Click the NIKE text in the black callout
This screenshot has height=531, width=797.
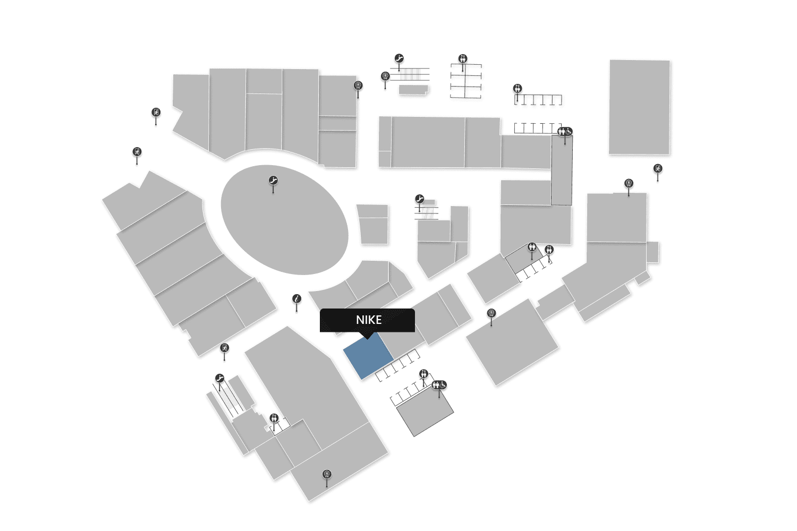pos(369,320)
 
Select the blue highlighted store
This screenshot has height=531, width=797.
pos(368,355)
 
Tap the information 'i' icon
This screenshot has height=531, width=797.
pos(296,299)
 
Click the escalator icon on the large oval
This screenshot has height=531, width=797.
pos(273,181)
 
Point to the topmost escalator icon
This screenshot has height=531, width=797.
pos(399,58)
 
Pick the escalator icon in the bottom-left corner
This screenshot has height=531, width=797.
pos(220,379)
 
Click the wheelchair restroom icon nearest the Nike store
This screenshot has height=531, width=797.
pos(443,385)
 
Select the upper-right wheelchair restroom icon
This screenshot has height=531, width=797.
pos(568,131)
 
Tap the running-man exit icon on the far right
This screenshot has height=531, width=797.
pos(658,169)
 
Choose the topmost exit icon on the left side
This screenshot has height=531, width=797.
pos(156,113)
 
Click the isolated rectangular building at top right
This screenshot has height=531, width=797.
pos(639,107)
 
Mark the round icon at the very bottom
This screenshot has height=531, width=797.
pos(327,474)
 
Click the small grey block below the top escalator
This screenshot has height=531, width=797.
pos(413,90)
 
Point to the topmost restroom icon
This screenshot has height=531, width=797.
pos(462,58)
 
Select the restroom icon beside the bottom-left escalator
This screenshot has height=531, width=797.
pos(274,418)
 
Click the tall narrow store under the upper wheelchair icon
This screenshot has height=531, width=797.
pos(562,170)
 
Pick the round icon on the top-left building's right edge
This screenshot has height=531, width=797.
pos(358,85)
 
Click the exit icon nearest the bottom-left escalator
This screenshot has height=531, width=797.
pos(224,348)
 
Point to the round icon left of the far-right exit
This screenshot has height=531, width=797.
pos(629,184)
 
